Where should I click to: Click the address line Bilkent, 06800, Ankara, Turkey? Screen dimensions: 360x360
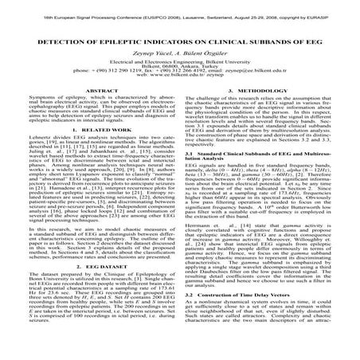(x=179, y=85)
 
